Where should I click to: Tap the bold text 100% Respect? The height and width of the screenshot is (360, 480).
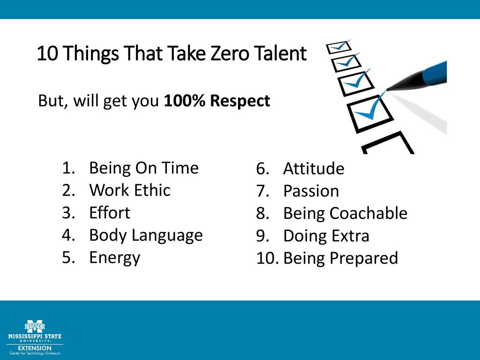click(x=217, y=101)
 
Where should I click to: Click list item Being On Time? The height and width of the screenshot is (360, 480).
click(x=143, y=168)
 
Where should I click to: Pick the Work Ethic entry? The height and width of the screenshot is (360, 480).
click(x=129, y=190)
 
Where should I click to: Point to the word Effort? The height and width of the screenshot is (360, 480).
click(x=109, y=213)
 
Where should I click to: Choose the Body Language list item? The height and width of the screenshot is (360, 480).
click(x=145, y=235)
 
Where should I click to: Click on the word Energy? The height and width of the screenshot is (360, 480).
click(x=114, y=257)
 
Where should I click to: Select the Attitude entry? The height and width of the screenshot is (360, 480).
click(x=314, y=169)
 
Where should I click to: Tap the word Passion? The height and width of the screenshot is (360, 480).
click(x=311, y=191)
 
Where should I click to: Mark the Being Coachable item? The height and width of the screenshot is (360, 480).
click(x=345, y=213)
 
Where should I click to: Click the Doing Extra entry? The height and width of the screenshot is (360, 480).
click(x=326, y=236)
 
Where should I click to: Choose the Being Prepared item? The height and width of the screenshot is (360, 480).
click(x=340, y=258)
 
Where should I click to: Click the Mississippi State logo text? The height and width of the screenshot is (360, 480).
click(x=35, y=337)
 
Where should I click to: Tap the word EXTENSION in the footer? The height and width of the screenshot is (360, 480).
click(x=35, y=348)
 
